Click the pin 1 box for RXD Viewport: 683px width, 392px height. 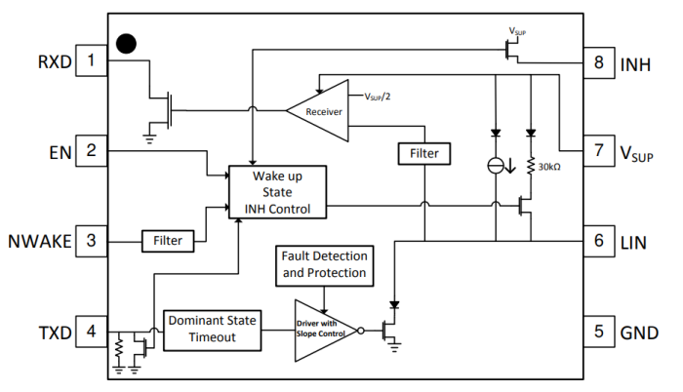coord(90,63)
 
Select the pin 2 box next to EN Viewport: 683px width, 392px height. coord(90,151)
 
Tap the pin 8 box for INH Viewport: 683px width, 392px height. coord(597,63)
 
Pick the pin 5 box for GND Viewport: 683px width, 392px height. coord(597,332)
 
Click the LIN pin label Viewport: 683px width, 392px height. coord(634,241)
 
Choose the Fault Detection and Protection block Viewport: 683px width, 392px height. coord(323,263)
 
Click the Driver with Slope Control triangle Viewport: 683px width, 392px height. coord(323,330)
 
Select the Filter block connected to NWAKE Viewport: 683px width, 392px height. coord(168,239)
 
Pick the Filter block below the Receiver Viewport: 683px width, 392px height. coord(424,153)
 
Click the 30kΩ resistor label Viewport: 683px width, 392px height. coord(551,166)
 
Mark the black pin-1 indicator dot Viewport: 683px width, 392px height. coord(125,43)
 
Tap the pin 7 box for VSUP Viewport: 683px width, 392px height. coord(597,151)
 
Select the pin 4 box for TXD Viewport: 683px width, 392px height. coord(90,332)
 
